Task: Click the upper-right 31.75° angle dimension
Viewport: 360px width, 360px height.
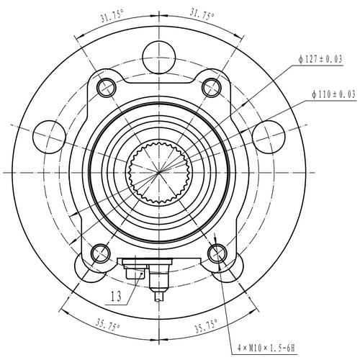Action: [204, 12]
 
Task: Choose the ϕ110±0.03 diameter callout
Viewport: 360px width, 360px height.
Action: [334, 94]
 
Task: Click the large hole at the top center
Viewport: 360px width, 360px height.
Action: [158, 53]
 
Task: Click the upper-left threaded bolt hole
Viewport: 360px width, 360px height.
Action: [106, 87]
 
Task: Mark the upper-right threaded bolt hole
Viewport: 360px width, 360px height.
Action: [211, 87]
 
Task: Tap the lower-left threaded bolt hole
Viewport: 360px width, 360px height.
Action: [101, 252]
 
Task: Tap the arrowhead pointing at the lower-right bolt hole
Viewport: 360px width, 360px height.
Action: [217, 240]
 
